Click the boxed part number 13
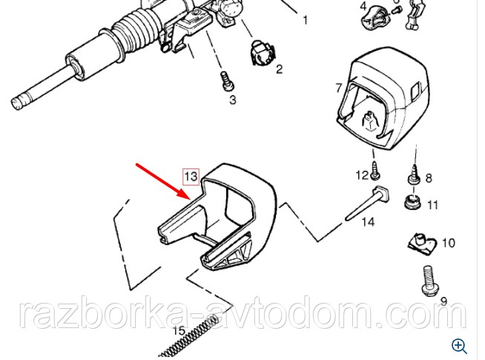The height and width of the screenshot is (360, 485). (191, 177)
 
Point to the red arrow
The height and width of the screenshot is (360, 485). (163, 181)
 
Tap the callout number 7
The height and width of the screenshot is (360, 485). (339, 88)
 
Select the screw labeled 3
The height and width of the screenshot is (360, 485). (227, 81)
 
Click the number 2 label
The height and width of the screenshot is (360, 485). (280, 69)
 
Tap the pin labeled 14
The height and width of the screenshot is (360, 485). (367, 203)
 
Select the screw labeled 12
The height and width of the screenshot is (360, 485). (375, 170)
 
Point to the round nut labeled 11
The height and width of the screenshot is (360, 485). (412, 202)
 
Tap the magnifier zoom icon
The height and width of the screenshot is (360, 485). (459, 346)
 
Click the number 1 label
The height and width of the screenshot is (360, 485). (306, 20)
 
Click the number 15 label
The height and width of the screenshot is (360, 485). (179, 330)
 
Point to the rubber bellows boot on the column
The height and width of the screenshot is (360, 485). (139, 29)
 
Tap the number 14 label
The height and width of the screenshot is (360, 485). (368, 222)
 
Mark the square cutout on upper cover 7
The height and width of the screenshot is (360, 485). (415, 91)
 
